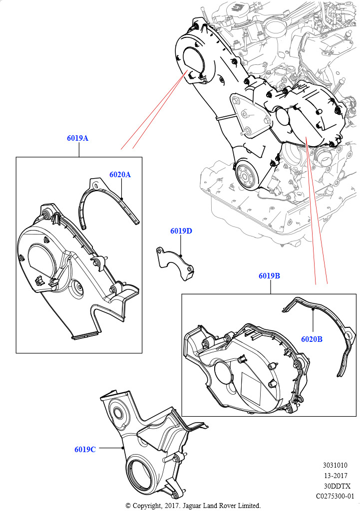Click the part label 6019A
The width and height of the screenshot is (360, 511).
[77, 138]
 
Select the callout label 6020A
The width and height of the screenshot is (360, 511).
[120, 175]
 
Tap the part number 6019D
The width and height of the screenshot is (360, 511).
[181, 231]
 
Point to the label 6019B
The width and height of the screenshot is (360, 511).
[269, 276]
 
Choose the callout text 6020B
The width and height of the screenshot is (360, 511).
[312, 339]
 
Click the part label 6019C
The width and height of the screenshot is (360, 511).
[85, 450]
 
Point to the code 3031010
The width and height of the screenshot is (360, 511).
[335, 465]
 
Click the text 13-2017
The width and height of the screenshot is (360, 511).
[335, 476]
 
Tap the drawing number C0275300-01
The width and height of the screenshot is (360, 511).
[335, 497]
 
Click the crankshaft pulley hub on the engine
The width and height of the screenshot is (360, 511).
[245, 176]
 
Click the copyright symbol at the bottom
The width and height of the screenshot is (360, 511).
[128, 506]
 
